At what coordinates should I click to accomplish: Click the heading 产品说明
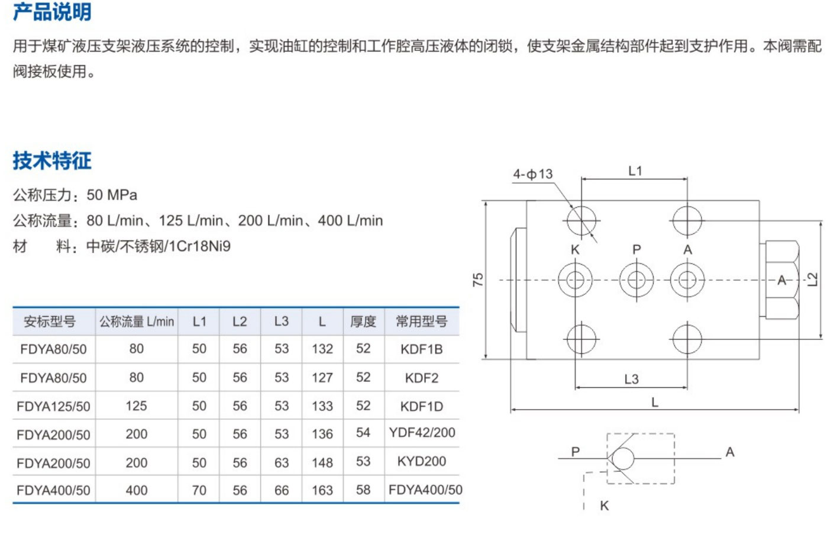52,12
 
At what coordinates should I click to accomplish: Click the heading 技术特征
52,160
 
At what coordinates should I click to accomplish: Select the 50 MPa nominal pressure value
112,195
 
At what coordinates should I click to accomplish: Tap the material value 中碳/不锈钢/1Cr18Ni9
159,246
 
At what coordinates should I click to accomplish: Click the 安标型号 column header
50,321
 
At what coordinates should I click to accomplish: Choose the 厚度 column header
363,321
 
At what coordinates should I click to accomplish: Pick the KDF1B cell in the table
421,349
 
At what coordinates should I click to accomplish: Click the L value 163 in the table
322,490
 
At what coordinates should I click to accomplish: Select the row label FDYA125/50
53,406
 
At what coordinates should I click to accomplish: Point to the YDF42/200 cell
422,433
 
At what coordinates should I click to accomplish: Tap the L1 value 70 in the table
199,490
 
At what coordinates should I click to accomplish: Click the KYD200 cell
421,461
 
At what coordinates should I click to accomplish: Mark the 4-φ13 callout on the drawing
532,174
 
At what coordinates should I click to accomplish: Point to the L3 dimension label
631,379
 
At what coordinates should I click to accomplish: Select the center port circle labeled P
636,279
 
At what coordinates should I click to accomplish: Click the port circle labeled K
575,279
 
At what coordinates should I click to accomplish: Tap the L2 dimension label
813,279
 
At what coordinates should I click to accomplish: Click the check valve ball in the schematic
623,458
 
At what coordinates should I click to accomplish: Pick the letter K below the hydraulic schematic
604,506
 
